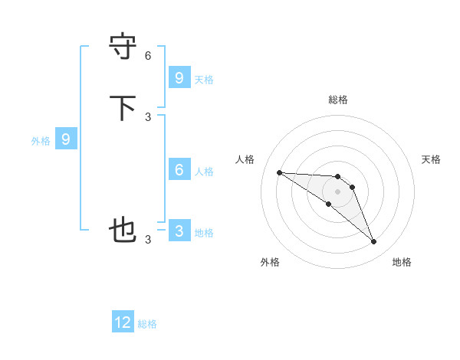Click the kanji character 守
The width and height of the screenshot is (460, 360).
(123, 47)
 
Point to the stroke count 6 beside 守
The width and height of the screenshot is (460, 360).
(148, 55)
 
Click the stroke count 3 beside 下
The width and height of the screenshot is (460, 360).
(148, 116)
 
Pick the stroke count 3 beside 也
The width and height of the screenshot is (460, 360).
(148, 239)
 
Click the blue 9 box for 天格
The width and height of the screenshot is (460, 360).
(179, 77)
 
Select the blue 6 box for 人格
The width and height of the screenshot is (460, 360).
(179, 170)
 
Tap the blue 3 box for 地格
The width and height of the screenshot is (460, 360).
(179, 231)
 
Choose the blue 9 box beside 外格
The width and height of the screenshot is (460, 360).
(66, 139)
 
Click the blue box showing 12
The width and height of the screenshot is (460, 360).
(123, 322)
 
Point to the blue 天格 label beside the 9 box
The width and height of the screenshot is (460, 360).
(204, 79)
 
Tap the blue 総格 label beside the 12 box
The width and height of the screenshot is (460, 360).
(147, 324)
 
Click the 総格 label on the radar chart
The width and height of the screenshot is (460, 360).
(338, 100)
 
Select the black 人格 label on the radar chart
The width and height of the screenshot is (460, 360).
(245, 159)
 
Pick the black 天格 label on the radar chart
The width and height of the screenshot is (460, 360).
(432, 159)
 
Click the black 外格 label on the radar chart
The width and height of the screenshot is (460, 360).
(270, 262)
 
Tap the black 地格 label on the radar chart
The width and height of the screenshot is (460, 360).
(402, 262)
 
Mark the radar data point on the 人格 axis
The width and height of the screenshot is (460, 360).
(279, 172)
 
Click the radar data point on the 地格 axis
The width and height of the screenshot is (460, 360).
(373, 242)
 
